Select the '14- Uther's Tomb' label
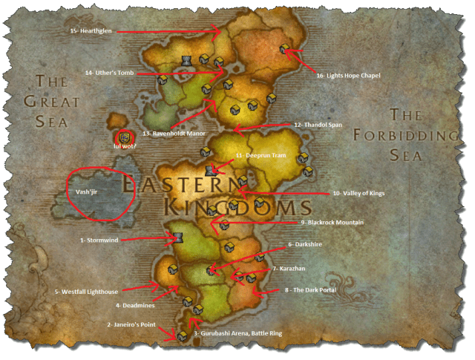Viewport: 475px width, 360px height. point(109,73)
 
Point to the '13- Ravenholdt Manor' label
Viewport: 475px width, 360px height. point(174,134)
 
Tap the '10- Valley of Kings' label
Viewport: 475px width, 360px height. point(360,193)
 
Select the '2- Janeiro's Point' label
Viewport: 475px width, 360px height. point(132,324)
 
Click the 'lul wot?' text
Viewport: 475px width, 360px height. point(124,147)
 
